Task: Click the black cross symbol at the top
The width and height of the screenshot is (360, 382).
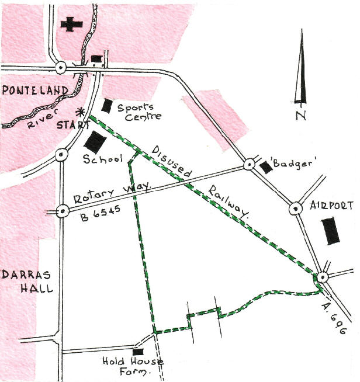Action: click(70, 25)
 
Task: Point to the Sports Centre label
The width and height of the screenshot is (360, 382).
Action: click(136, 112)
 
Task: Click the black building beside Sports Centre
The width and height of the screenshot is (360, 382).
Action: click(108, 106)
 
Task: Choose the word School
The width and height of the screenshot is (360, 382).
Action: click(102, 159)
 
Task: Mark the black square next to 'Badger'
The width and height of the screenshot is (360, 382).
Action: click(266, 167)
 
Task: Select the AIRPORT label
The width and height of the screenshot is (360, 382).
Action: click(332, 206)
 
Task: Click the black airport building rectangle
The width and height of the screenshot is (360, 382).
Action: click(331, 230)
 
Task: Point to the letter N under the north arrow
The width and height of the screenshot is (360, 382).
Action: click(301, 115)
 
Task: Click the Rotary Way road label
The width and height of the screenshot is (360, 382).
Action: click(112, 193)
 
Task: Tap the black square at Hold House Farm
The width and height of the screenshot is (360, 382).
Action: click(138, 352)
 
